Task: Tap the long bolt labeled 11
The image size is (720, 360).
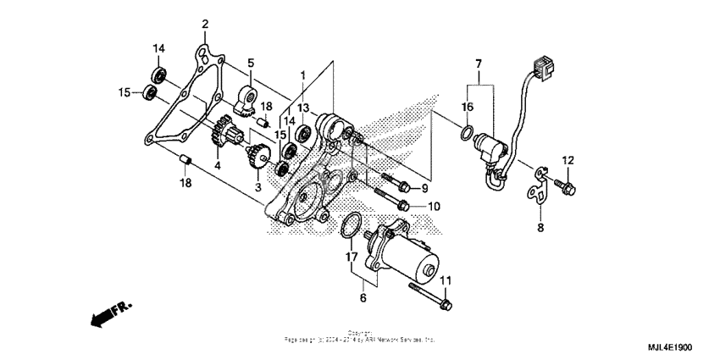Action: point(430,296)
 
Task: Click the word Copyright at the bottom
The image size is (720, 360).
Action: point(359,333)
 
